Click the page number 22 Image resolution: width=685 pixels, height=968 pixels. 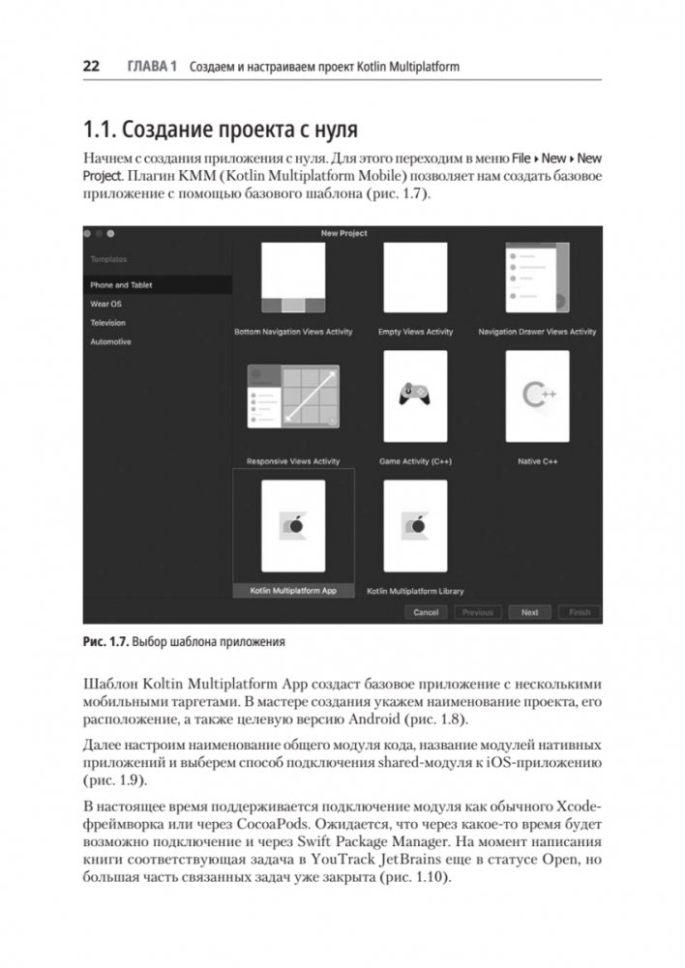(91, 67)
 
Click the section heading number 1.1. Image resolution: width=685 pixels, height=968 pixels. (104, 128)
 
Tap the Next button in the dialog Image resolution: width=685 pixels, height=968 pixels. (529, 612)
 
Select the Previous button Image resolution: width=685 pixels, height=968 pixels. (478, 612)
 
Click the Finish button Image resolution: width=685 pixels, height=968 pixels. (580, 612)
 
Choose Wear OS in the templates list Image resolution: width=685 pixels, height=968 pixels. (105, 304)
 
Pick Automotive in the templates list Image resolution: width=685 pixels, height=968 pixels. (110, 341)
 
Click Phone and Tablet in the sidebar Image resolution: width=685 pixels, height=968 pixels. (121, 285)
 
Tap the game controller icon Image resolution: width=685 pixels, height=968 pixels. (415, 395)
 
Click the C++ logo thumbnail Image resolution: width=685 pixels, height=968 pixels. (536, 395)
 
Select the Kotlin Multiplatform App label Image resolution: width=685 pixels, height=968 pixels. (293, 589)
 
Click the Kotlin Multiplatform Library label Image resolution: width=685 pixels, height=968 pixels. (415, 590)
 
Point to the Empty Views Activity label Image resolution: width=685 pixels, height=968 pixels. (415, 332)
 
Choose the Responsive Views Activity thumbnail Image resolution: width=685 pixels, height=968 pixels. (293, 396)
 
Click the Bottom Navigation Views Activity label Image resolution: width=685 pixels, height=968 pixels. (293, 332)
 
